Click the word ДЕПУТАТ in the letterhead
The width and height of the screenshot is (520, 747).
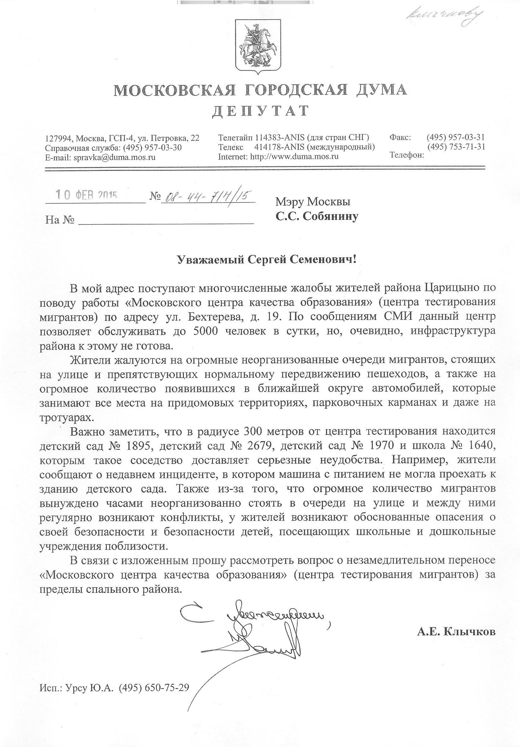coord(260,111)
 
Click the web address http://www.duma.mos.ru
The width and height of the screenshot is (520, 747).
coord(294,156)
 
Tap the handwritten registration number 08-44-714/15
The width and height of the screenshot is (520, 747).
coord(207,197)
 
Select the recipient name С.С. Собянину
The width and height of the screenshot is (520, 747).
coord(317,216)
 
